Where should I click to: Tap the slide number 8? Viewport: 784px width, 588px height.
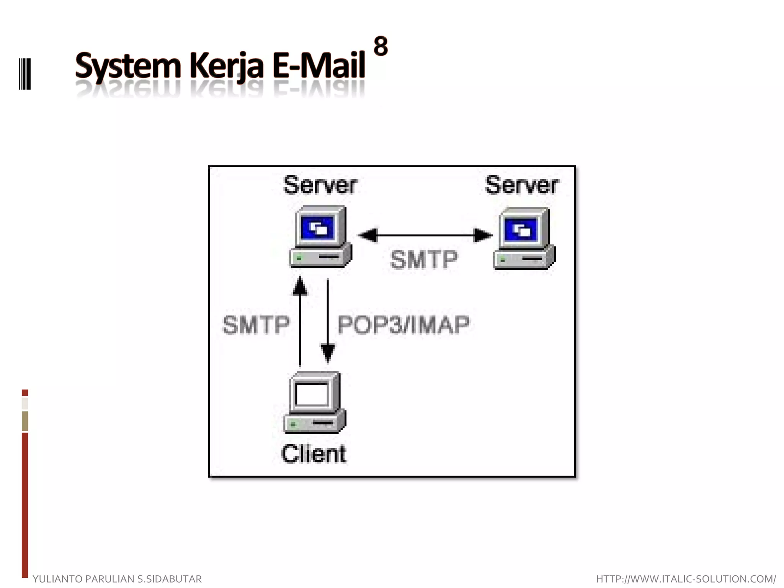tap(381, 46)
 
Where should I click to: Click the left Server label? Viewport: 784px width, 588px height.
tap(320, 185)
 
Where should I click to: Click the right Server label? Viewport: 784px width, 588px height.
tap(522, 185)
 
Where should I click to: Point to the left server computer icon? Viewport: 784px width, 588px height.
tap(321, 236)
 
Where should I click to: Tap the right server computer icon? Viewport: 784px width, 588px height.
tap(524, 238)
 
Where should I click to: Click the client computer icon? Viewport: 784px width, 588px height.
tap(315, 402)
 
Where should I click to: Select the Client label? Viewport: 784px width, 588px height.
tap(314, 454)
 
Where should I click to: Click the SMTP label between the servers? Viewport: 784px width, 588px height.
tap(424, 260)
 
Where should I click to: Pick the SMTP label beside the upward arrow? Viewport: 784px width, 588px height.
tap(256, 325)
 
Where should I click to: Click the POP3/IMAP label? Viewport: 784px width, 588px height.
tap(403, 325)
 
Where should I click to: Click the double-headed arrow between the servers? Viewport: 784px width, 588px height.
tap(425, 235)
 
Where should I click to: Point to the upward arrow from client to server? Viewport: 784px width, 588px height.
tap(300, 322)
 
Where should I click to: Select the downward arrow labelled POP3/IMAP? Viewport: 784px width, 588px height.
tap(328, 322)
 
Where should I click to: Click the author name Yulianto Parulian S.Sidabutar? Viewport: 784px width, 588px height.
tap(117, 579)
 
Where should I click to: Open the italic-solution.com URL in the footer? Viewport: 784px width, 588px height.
tap(686, 579)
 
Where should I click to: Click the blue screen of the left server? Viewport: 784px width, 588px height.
tap(317, 228)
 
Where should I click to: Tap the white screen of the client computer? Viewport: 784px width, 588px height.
tap(312, 394)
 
